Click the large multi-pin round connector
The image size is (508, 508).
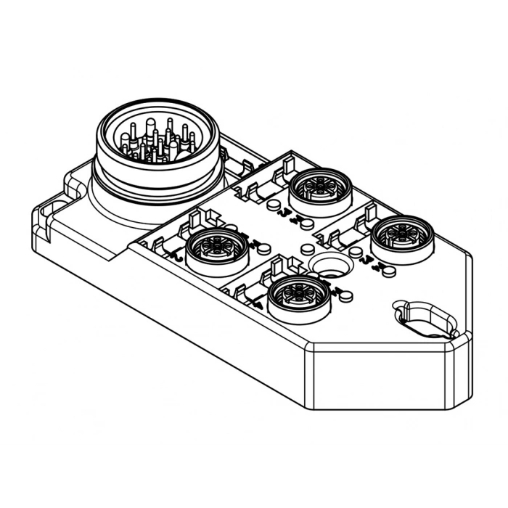click(157, 156)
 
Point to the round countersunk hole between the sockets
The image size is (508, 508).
click(327, 266)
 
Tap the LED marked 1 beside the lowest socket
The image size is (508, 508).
click(345, 295)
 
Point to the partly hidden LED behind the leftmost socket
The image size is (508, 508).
click(231, 227)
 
